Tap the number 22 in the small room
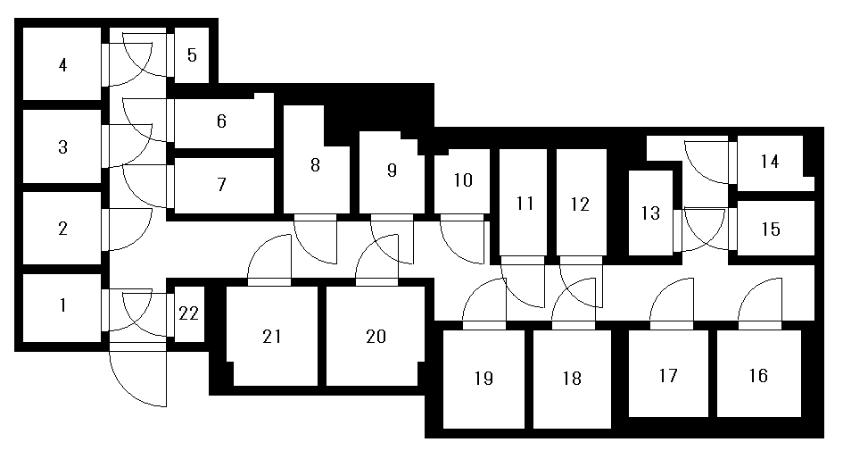tap(187, 313)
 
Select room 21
tap(272, 336)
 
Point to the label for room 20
tap(376, 336)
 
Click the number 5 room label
tap(192, 54)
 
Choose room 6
tap(221, 121)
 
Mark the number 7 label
tap(221, 185)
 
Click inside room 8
tap(314, 165)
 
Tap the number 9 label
tap(392, 171)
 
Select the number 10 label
tap(462, 180)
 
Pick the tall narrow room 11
tap(525, 204)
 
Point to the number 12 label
tap(580, 204)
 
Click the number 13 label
tap(650, 213)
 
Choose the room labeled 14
tap(770, 162)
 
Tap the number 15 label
tap(771, 229)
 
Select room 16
tap(757, 375)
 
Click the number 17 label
tap(668, 375)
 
